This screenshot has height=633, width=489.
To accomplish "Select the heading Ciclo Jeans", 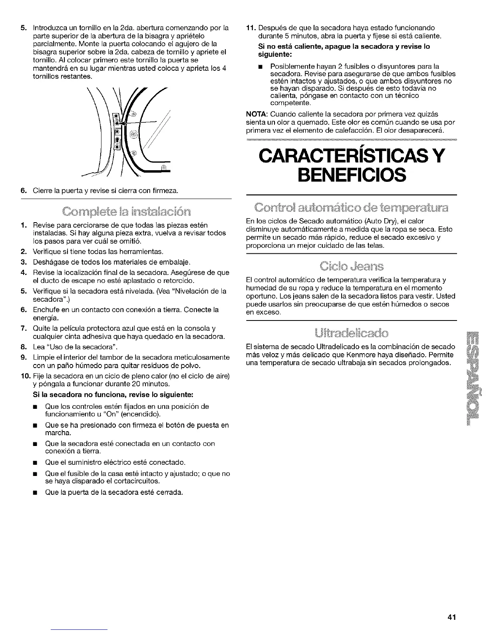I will coord(351,267).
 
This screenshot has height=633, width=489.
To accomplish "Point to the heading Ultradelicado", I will coord(351,333).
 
